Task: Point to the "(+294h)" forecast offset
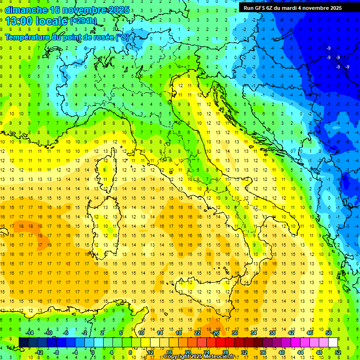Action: coord(83,21)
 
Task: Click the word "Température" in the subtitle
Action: coord(27,37)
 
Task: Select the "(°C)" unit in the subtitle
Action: coord(122,37)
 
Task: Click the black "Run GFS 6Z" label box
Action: coord(292,8)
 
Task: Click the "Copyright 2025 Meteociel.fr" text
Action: coord(199,357)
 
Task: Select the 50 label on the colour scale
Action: coord(329,333)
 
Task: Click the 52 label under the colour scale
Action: coord(338,352)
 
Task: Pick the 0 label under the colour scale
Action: coord(93,352)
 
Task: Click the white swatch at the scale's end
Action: coord(333,342)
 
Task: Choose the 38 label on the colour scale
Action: coord(272,333)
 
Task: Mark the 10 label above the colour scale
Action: coord(141,333)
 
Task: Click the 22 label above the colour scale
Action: coord(197,333)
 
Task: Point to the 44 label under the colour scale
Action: coord(300,352)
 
